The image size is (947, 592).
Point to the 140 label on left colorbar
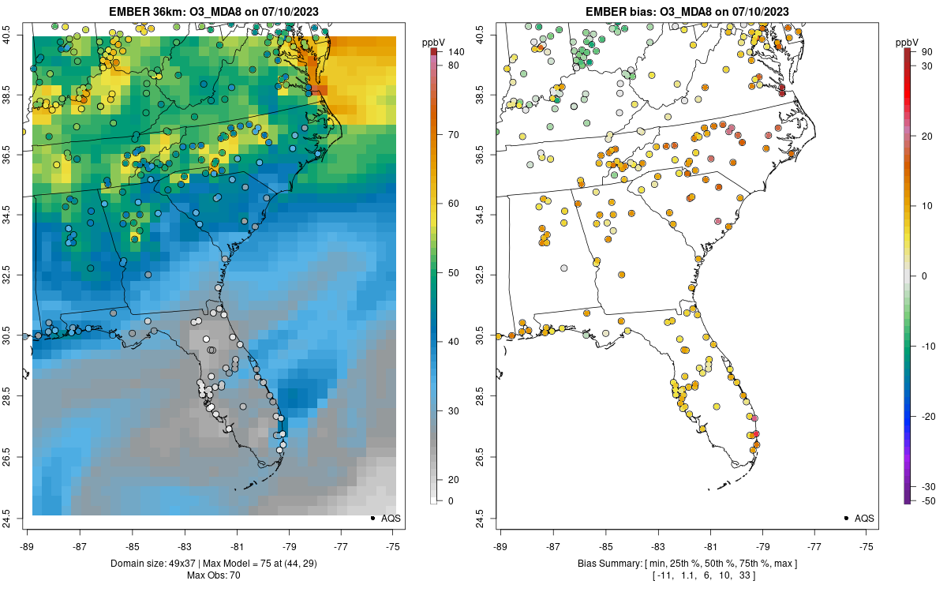pos(453,52)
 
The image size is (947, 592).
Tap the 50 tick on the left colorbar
pos(453,273)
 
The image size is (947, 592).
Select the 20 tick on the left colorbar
pos(453,480)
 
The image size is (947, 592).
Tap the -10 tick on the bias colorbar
pos(927,346)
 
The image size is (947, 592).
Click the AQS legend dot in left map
pos(372,519)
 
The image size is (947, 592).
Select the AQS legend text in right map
pos(864,519)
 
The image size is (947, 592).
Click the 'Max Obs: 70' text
pos(213,575)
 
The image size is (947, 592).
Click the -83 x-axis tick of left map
pos(185,545)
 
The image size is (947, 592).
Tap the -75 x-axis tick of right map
pos(867,545)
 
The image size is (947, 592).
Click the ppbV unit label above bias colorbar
pos(908,41)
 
